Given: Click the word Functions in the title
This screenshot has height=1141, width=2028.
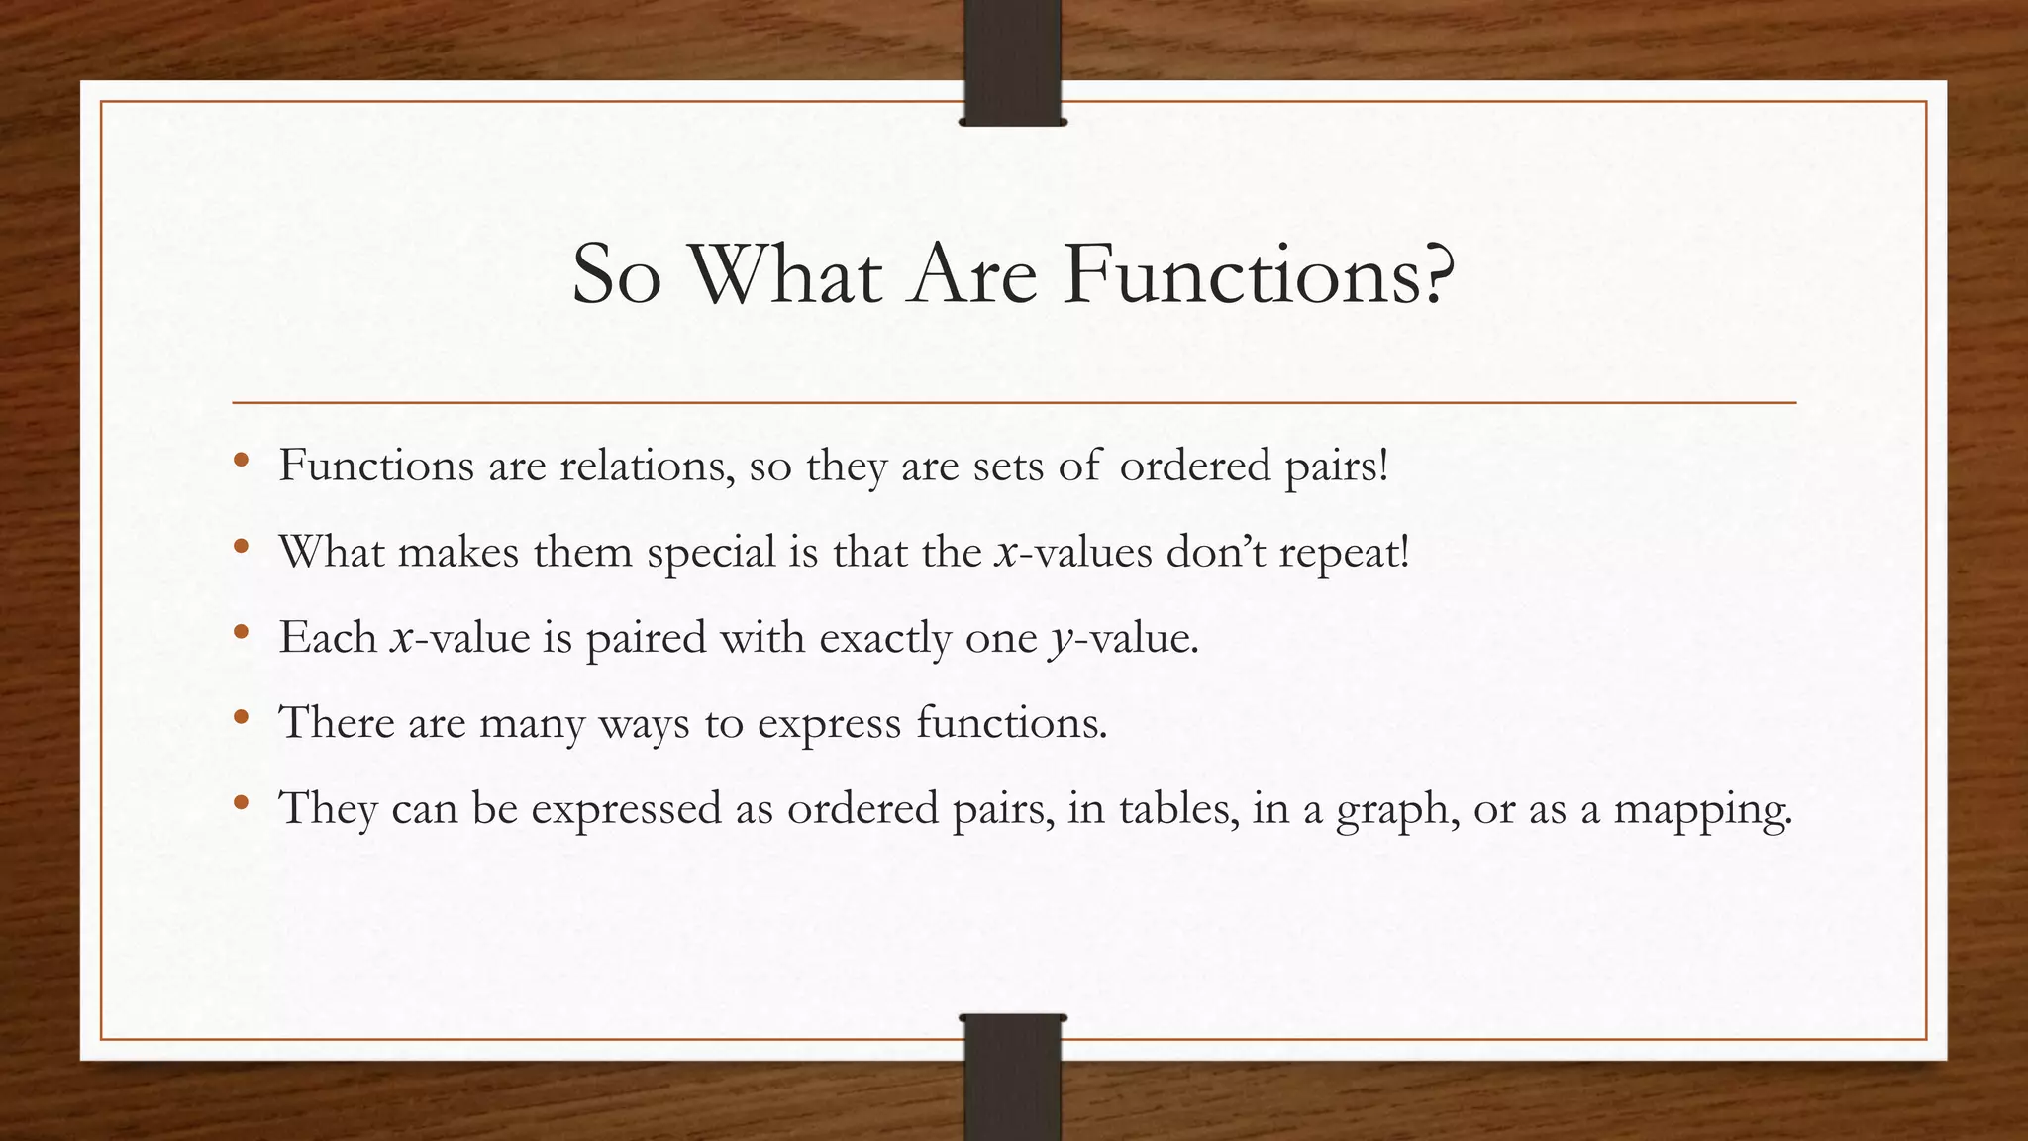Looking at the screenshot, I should click(x=1243, y=274).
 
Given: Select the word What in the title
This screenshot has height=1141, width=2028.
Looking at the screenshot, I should click(x=784, y=274).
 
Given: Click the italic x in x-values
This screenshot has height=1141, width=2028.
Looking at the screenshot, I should click(x=1007, y=553).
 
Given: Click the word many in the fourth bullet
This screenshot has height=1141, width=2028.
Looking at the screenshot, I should click(x=532, y=723).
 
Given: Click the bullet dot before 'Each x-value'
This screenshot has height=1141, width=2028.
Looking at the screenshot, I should click(x=241, y=632).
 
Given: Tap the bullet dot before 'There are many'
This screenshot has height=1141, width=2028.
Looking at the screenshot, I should click(x=241, y=717).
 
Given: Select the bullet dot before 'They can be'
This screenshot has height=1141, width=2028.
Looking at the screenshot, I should click(x=241, y=803).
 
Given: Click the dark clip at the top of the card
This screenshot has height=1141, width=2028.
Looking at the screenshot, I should click(x=1012, y=62).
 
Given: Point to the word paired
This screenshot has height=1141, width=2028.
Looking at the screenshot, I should click(x=646, y=638).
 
